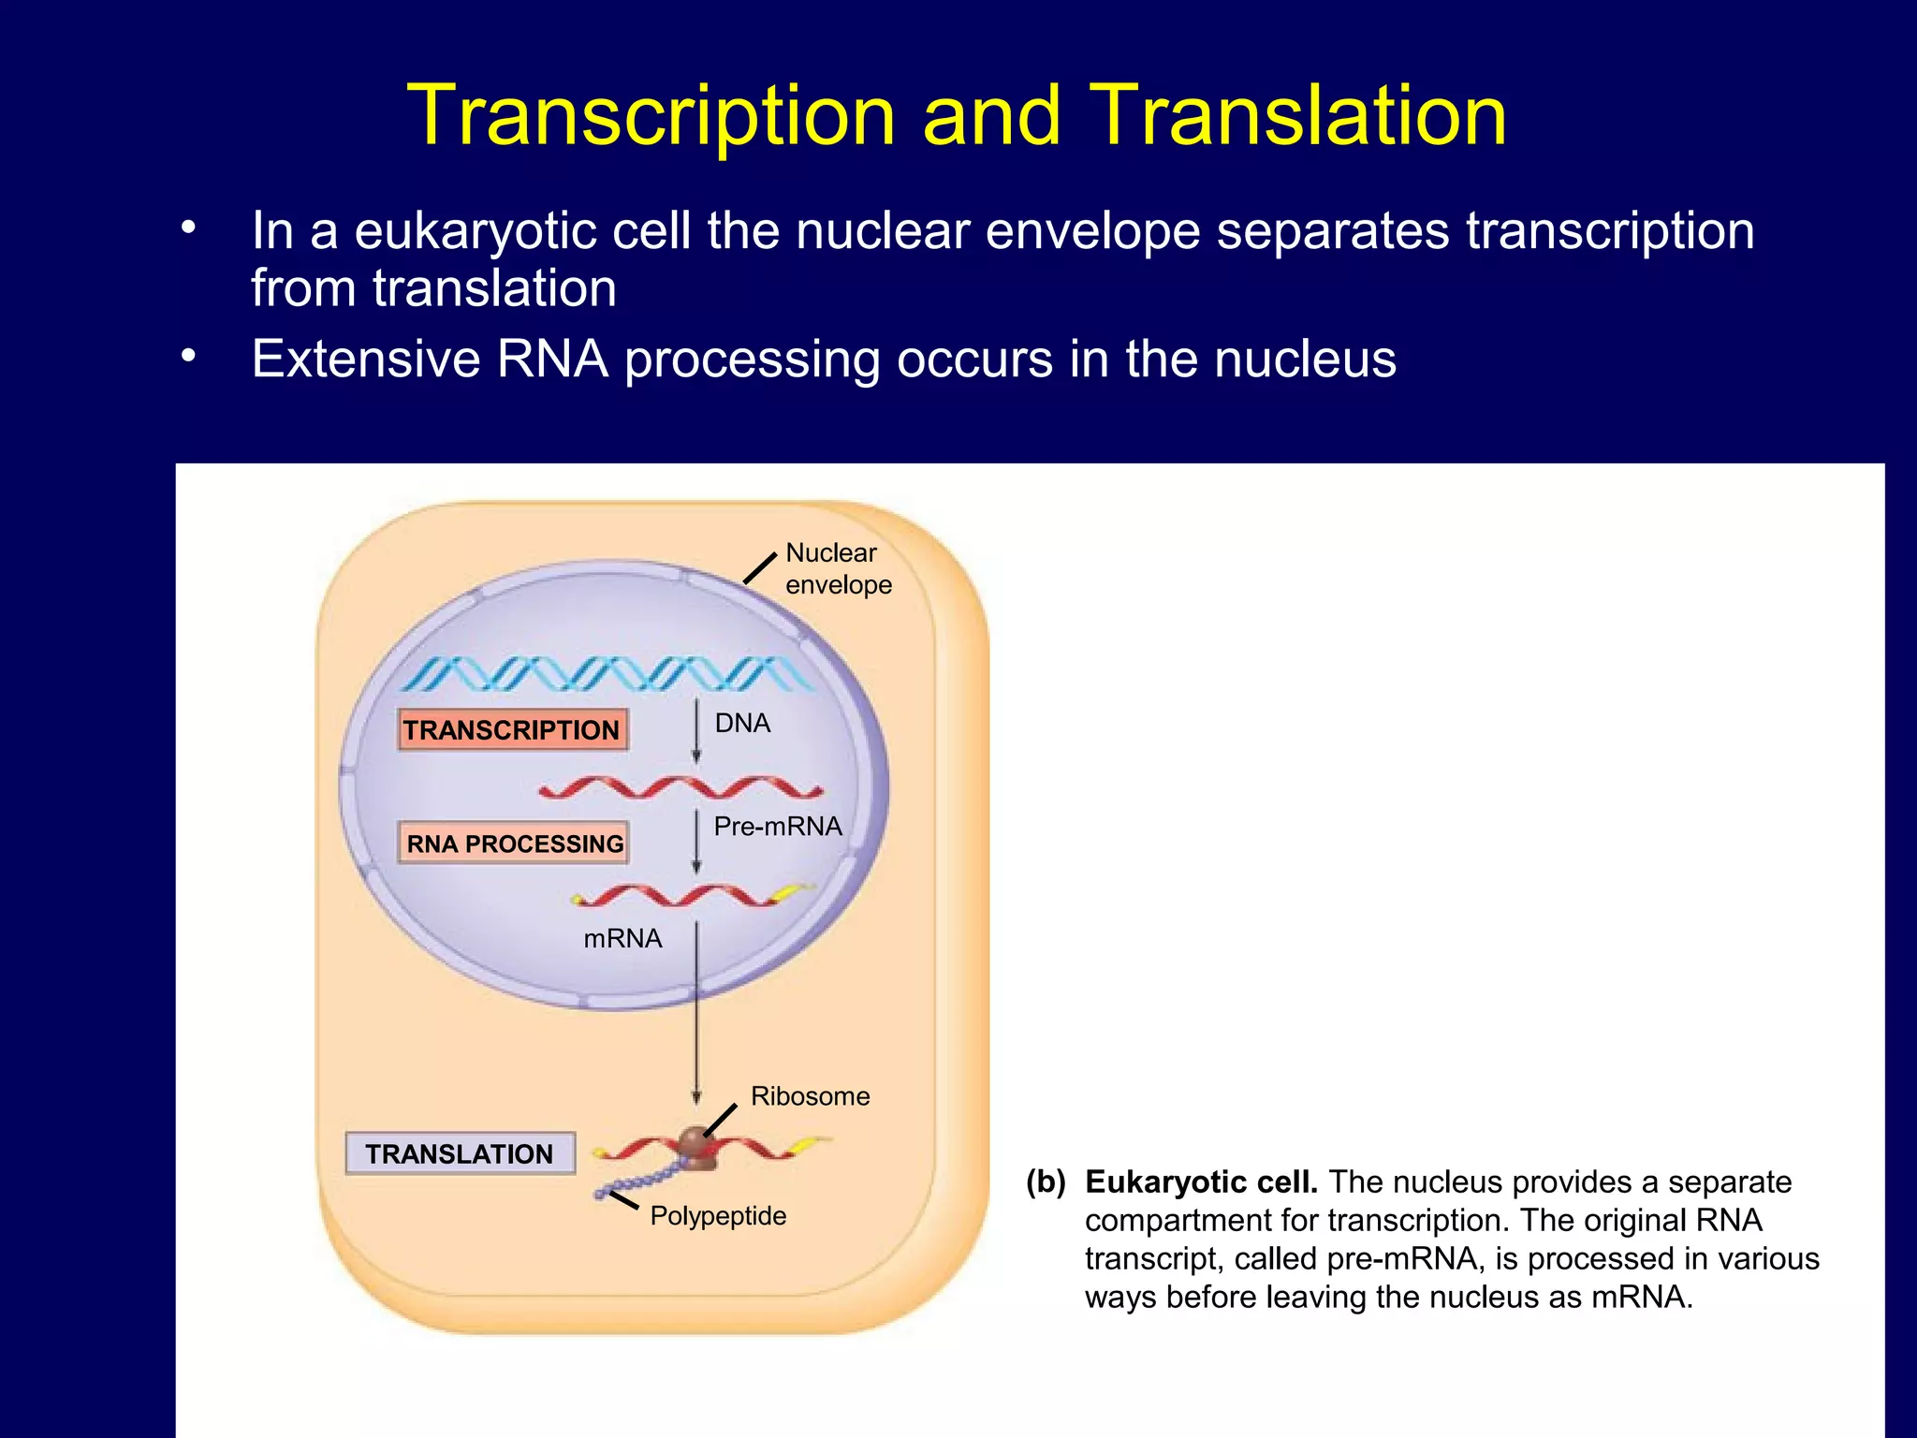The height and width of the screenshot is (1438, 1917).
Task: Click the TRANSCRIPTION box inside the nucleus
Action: pos(512,729)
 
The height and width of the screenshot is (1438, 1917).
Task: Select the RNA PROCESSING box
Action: pos(514,843)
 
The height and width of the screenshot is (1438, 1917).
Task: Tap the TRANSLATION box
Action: pos(460,1153)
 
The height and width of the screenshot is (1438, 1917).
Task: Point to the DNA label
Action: pos(742,723)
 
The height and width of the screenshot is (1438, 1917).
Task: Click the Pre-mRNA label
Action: pos(777,826)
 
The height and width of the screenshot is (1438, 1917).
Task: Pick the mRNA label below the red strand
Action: pos(622,938)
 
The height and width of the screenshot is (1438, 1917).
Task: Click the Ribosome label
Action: pos(810,1095)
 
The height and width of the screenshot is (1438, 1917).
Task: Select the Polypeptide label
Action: pos(718,1215)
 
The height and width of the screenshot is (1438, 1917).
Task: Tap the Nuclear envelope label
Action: pos(838,568)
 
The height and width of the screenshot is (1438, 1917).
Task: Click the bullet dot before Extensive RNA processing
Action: pos(189,356)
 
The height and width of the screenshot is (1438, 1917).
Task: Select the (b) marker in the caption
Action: pos(1046,1181)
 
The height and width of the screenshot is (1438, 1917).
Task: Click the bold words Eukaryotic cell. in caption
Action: pos(1201,1181)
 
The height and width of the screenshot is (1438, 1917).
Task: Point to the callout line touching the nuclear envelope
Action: pos(760,568)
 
